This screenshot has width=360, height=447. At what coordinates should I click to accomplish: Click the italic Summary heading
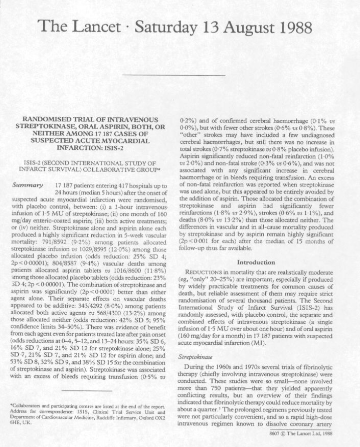coord(26,185)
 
